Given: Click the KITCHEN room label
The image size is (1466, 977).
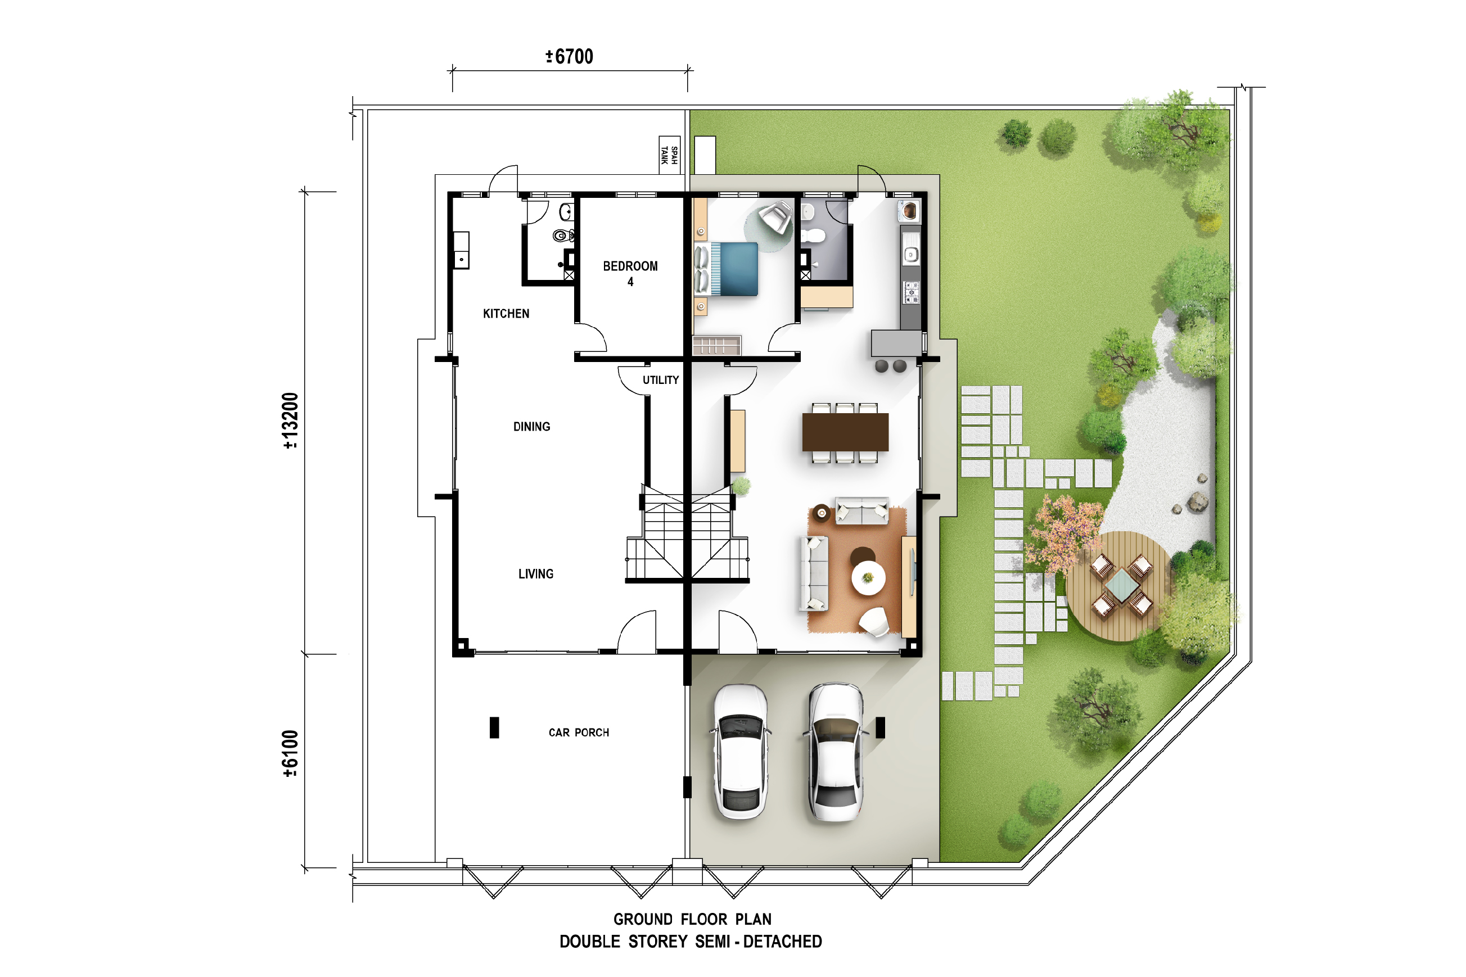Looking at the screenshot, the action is [x=506, y=314].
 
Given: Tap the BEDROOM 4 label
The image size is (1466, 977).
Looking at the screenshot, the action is [x=630, y=274].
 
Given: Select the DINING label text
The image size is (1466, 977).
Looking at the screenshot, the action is [x=531, y=427].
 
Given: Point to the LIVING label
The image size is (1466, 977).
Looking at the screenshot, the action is [x=536, y=574].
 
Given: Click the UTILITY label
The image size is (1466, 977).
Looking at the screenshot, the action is [x=661, y=380].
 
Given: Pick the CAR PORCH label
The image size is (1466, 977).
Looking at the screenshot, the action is [x=579, y=733].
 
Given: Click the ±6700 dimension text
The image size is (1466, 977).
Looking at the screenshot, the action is [x=570, y=57].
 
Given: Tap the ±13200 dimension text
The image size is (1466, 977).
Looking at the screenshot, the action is [x=291, y=420].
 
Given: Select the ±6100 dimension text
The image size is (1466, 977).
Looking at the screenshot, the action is [x=291, y=754].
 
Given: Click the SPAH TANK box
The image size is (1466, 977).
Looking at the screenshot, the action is [x=669, y=155].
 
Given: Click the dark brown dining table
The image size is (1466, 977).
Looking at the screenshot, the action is [x=845, y=432].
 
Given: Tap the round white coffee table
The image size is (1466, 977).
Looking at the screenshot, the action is [x=868, y=578].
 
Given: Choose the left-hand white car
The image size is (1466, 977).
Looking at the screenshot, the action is [x=741, y=752].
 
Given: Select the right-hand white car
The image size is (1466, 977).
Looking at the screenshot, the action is [x=835, y=752].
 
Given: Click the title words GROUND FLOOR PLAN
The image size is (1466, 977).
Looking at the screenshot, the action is [x=692, y=919].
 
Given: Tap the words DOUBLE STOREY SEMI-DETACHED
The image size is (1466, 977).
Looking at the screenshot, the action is [x=691, y=942].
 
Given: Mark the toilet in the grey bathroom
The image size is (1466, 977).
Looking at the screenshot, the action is [x=813, y=236].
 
